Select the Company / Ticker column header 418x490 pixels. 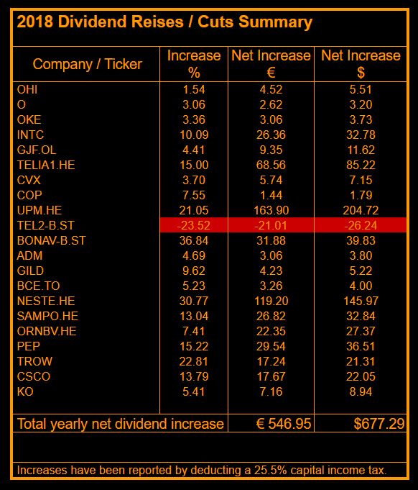[x=87, y=64]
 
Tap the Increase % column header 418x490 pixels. [x=194, y=63]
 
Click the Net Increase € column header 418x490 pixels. [x=271, y=63]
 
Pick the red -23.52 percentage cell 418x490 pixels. [x=194, y=225]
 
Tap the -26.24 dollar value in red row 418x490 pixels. [x=361, y=225]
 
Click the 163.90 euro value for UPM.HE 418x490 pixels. [x=271, y=210]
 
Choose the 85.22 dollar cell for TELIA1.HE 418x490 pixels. [x=361, y=165]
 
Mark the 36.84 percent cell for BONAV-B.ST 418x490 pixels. [x=194, y=240]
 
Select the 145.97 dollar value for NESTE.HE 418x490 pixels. [x=361, y=301]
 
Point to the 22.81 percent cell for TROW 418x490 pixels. [x=194, y=361]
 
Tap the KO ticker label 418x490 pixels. [x=25, y=391]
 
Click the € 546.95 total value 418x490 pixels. [x=284, y=423]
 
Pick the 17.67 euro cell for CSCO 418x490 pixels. [x=271, y=376]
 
